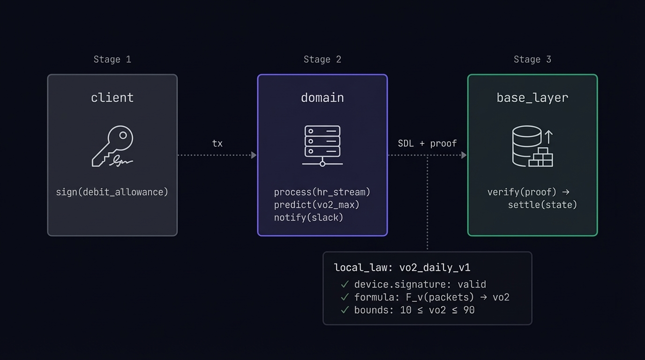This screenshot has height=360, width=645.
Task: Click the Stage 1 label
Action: point(112,60)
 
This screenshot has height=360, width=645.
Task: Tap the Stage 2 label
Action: point(322,60)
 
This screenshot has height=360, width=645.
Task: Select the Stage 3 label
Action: point(532,60)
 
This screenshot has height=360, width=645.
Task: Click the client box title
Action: point(112,97)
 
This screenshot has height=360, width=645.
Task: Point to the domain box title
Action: point(322,97)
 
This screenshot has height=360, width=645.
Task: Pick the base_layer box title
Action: point(532,97)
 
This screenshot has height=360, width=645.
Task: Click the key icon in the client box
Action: point(112,146)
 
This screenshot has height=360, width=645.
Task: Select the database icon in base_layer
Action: point(532,146)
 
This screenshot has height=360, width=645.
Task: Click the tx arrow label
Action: point(217,143)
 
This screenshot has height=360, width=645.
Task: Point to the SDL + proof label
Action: point(427,143)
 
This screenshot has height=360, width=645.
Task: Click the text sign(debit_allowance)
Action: point(112,192)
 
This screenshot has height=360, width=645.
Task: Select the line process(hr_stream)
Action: point(322,192)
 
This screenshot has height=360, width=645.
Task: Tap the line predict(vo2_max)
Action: point(316,205)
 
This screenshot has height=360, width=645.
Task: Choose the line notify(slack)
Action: point(308,217)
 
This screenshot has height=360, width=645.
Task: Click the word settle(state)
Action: point(542,205)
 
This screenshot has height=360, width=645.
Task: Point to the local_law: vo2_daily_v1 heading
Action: point(402,268)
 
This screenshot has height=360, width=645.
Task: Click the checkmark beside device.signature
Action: point(345,284)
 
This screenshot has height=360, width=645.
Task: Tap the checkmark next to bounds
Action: point(345,310)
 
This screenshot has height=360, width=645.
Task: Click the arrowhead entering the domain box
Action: point(254,155)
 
